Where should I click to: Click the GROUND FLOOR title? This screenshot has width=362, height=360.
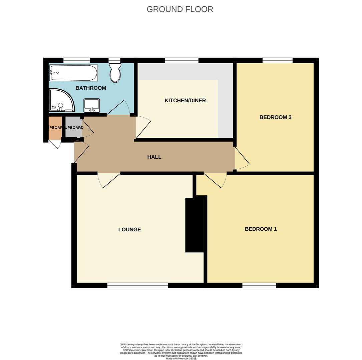pos(180,9)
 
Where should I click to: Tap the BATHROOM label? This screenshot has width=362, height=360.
pos(91,88)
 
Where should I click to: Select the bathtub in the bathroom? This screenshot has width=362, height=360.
pos(74,73)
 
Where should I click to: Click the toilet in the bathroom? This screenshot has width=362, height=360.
pos(115,73)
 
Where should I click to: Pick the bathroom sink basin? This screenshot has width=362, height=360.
pos(92,105)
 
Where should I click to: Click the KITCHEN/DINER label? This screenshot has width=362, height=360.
pos(185,100)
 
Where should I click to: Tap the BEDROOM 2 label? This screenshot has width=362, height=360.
pos(275,117)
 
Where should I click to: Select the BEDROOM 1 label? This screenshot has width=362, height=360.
pos(261,229)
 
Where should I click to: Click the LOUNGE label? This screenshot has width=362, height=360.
pos(129,229)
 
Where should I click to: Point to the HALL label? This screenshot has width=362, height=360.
pos(154,157)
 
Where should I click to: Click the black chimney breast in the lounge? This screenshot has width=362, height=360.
pos(195,225)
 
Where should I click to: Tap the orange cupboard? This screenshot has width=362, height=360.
pos(55,128)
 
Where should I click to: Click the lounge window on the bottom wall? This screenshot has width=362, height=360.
pos(137,285)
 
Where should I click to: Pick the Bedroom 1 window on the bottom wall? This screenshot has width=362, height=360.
pos(259,285)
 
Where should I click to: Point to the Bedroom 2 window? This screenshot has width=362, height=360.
pos(277,60)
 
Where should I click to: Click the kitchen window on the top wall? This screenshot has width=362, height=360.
pos(182,60)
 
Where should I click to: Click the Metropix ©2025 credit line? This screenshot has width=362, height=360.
pos(181,358)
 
